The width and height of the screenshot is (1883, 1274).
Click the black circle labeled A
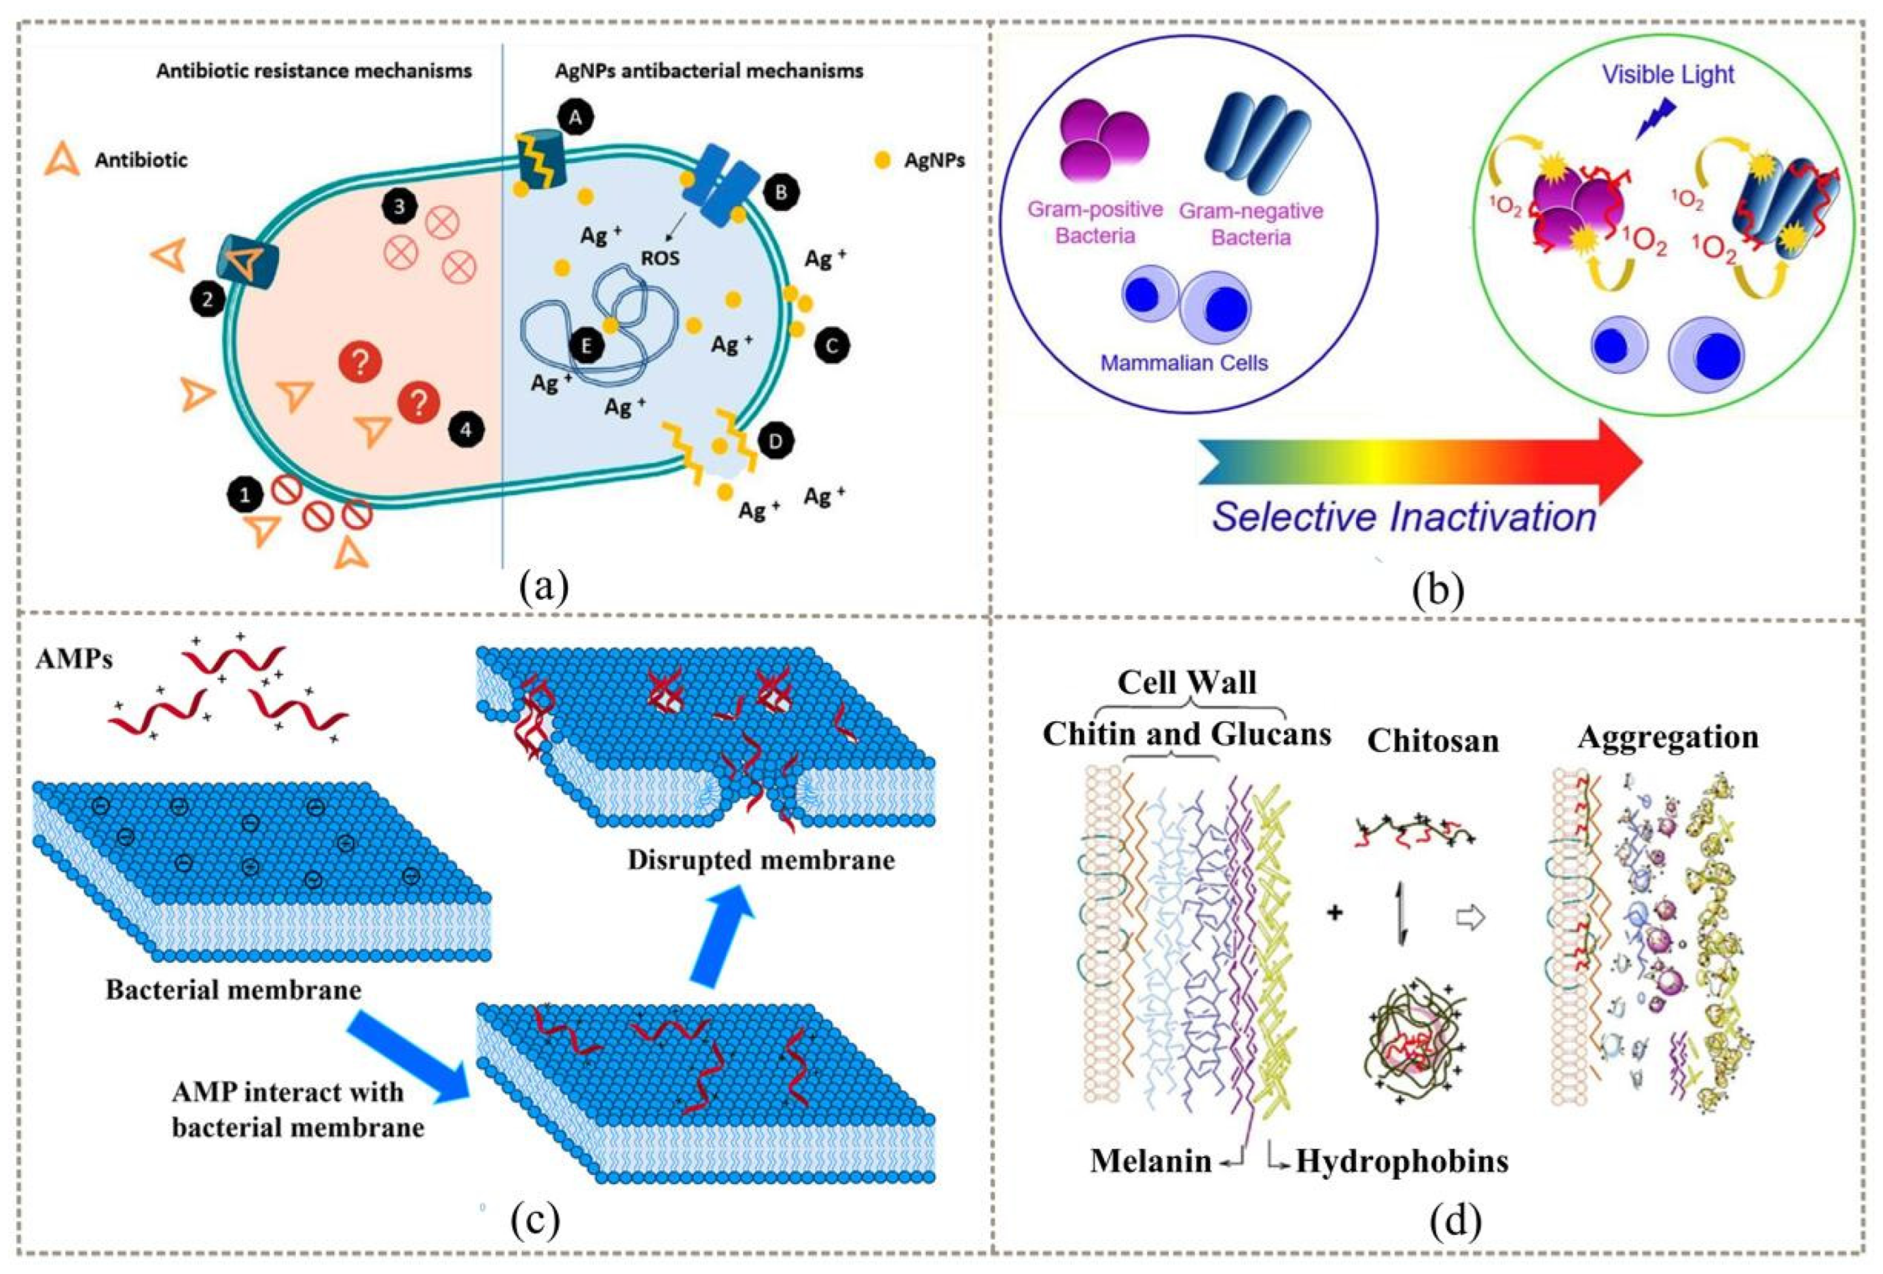pyautogui.click(x=576, y=119)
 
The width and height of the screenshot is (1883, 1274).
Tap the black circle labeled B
pyautogui.click(x=781, y=192)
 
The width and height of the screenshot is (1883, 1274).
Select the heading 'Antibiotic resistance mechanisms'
pyautogui.click(x=314, y=71)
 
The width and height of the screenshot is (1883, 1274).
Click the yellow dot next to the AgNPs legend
pyautogui.click(x=883, y=160)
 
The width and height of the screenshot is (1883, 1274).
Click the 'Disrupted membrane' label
pyautogui.click(x=761, y=859)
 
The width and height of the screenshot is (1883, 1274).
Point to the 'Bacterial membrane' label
pyautogui.click(x=233, y=990)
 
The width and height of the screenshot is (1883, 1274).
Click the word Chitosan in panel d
pyautogui.click(x=1433, y=741)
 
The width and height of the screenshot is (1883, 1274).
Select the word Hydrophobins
pyautogui.click(x=1402, y=1161)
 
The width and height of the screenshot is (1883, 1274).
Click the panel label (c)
pyautogui.click(x=535, y=1223)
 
